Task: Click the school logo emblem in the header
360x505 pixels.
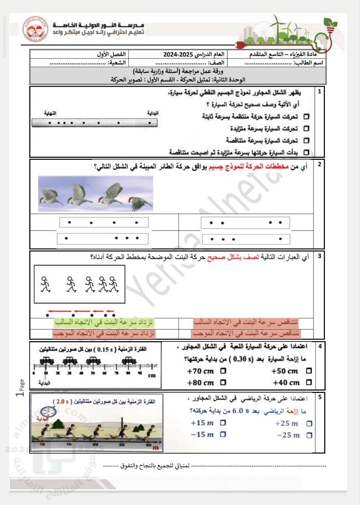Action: click(x=35, y=28)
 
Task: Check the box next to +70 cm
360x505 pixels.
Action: click(x=224, y=371)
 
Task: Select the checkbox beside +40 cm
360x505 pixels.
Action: click(x=308, y=382)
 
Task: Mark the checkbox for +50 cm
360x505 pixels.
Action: click(x=308, y=371)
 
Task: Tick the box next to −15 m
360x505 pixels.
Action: click(x=223, y=434)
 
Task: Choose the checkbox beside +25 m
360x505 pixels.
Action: click(x=309, y=424)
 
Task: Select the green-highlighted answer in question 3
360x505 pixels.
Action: click(x=104, y=323)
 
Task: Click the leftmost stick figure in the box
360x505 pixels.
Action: click(x=45, y=283)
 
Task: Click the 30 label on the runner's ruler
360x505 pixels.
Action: click(x=148, y=445)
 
